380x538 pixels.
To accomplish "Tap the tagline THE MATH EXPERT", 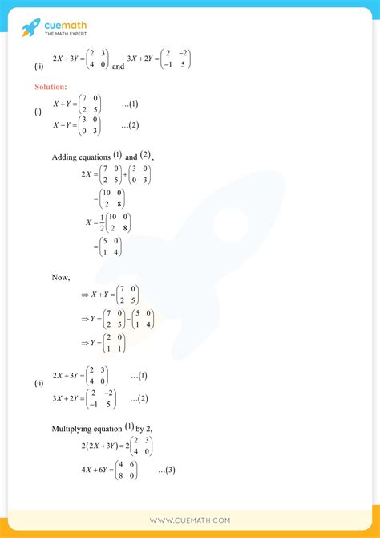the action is [65, 33].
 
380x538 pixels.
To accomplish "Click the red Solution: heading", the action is [51, 86].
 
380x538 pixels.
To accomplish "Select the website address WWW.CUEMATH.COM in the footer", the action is [189, 520].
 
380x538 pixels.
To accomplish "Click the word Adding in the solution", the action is [67, 156].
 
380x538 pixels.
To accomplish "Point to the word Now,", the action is [61, 277].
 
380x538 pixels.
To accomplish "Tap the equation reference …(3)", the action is [168, 470].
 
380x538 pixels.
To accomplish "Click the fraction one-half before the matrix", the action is [101, 222].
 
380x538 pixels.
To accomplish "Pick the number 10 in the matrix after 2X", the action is [109, 193].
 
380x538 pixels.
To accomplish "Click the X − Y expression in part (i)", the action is [67, 125].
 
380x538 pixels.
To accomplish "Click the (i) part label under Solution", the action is [38, 112].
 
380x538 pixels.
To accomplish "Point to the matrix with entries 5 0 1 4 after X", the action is [111, 247].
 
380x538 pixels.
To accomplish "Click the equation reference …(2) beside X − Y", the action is [131, 125].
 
